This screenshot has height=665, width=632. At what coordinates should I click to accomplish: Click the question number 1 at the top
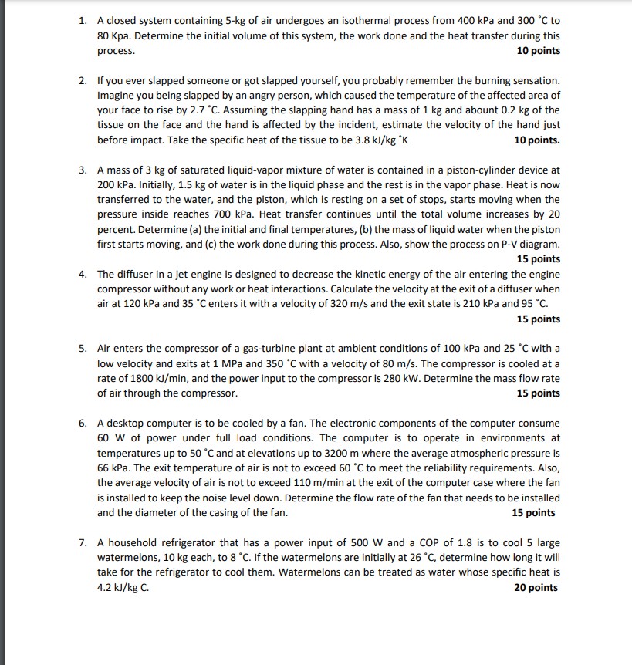click(x=82, y=22)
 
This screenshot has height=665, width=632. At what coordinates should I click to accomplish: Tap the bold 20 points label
click(x=535, y=588)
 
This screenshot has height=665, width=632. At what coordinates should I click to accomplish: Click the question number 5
click(x=82, y=349)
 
